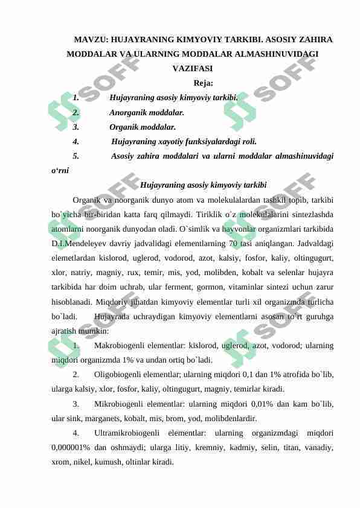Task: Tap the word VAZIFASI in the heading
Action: tap(187, 69)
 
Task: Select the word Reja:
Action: tap(203, 83)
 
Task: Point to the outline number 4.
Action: tap(76, 142)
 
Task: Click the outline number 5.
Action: tap(76, 156)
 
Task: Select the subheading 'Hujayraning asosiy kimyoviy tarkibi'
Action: tap(203, 185)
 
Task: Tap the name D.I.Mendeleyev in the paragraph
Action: tap(77, 244)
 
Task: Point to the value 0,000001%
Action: tap(71, 447)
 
